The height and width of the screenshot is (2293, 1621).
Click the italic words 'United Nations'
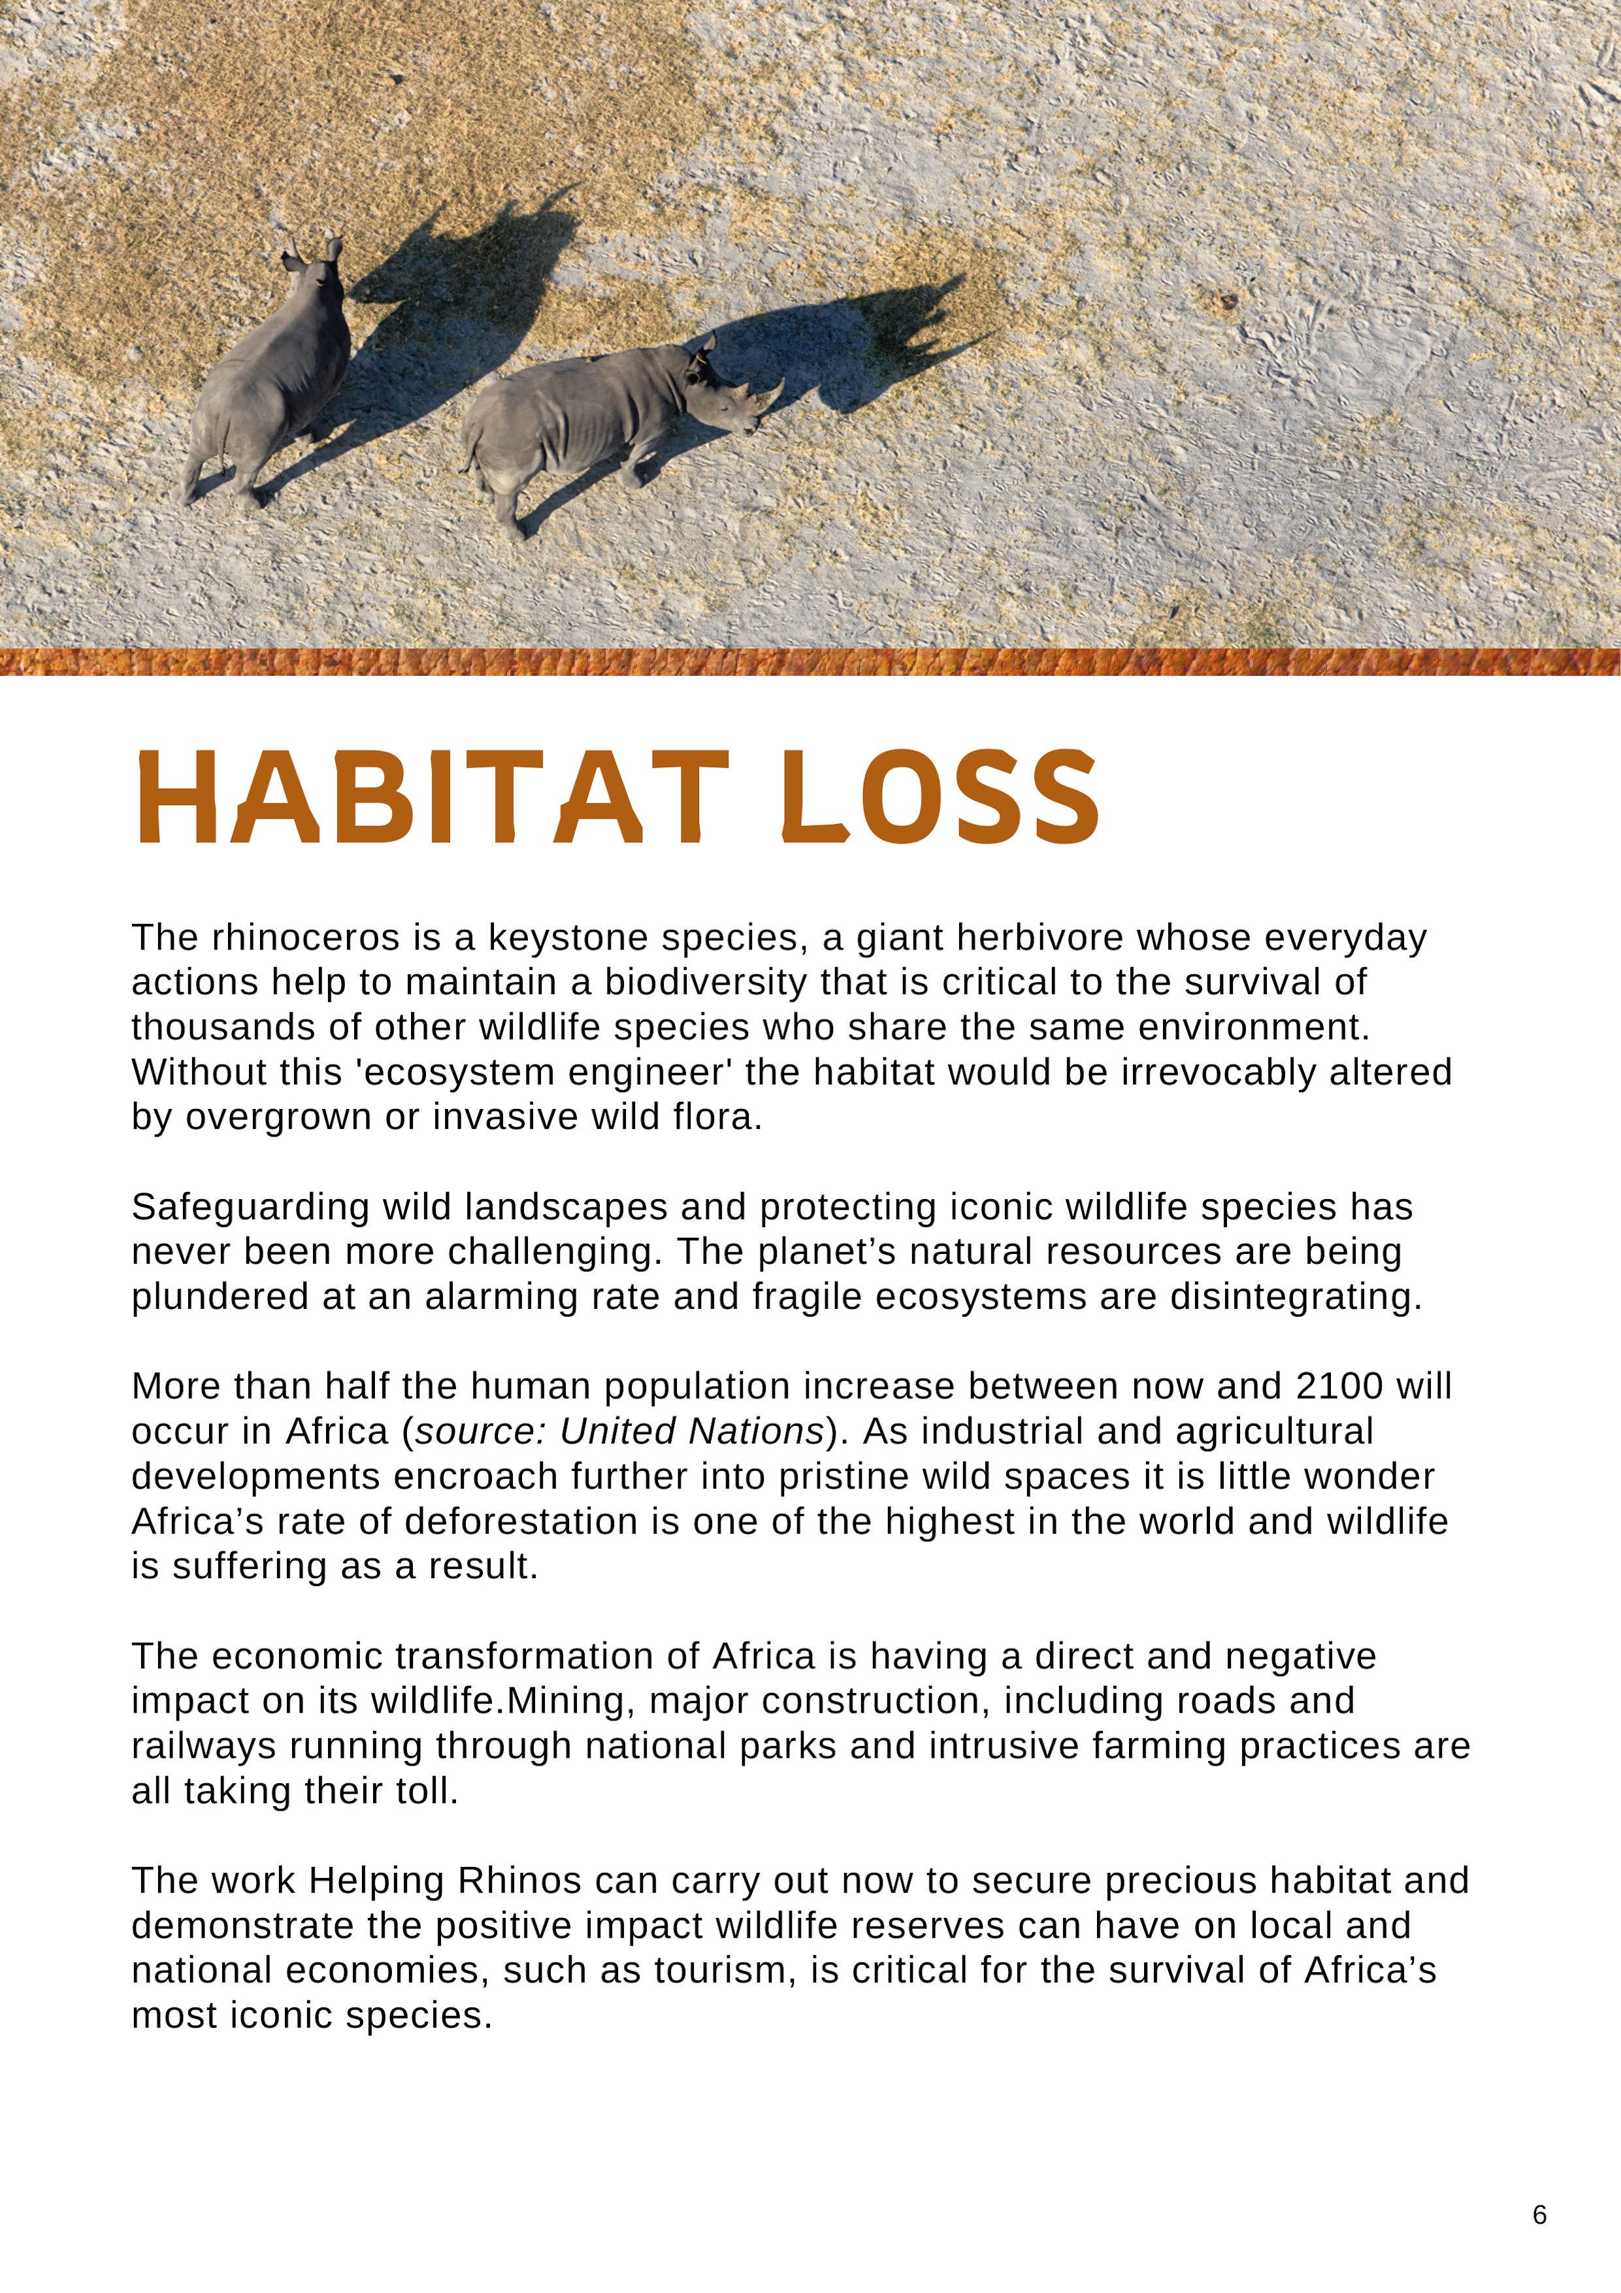[x=691, y=1431]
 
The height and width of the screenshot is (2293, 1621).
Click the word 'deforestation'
[x=520, y=1521]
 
